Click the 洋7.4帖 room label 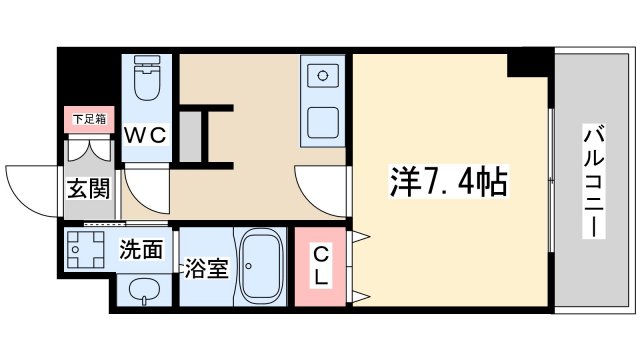tap(449, 183)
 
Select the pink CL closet tap(320, 265)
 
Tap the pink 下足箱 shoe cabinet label tap(87, 119)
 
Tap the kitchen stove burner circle tap(323, 74)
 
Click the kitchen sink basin tap(323, 123)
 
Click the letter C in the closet tap(320, 253)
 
